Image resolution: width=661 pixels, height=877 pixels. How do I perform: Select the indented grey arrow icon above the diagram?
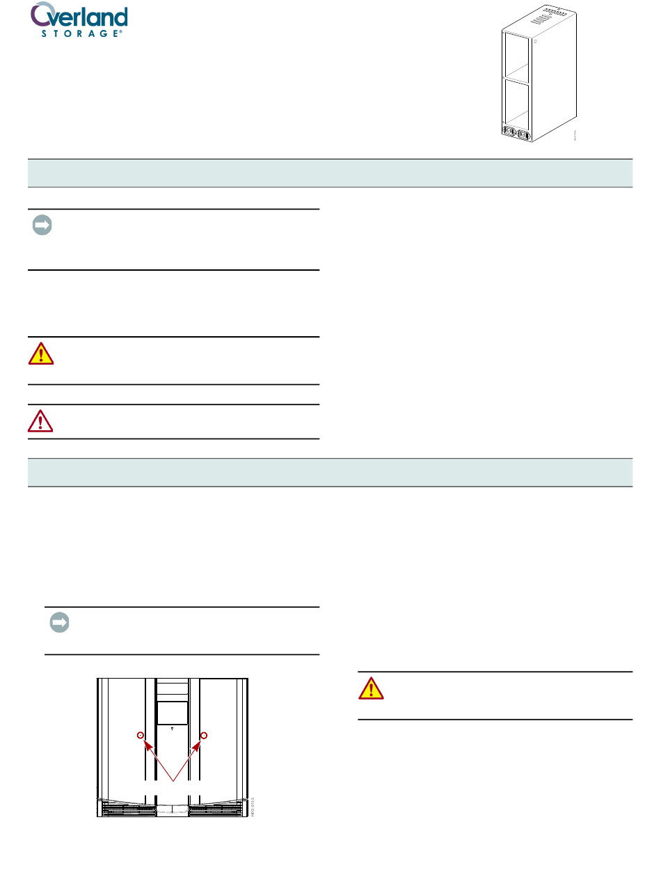[59, 623]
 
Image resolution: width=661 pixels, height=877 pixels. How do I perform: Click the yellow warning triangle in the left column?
[41, 354]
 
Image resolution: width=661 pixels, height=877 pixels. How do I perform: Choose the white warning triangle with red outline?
[41, 420]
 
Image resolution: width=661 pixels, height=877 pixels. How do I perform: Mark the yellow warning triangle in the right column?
[371, 688]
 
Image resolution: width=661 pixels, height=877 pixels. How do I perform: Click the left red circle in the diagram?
[141, 736]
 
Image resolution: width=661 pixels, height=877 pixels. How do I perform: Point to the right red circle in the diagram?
[205, 736]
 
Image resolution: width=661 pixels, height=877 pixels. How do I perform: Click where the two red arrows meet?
[173, 780]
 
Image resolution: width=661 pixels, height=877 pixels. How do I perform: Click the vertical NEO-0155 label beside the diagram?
[253, 807]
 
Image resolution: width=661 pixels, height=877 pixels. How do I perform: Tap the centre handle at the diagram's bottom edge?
[173, 810]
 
